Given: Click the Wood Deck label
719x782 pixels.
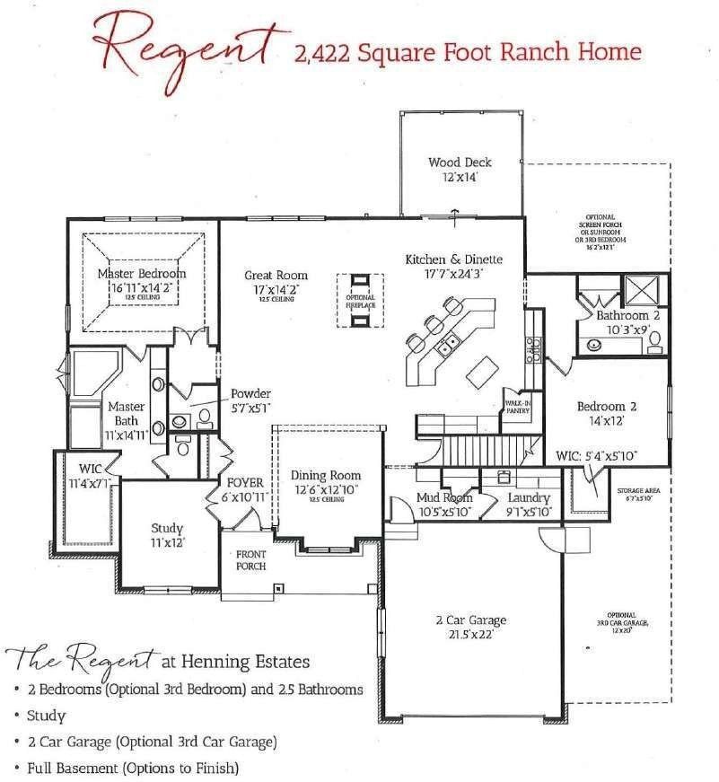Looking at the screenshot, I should pyautogui.click(x=460, y=163).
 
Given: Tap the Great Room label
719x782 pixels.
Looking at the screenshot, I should pyautogui.click(x=276, y=276).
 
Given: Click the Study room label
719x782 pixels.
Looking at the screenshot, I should pyautogui.click(x=167, y=528).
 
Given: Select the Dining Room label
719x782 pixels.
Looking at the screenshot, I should pyautogui.click(x=326, y=475).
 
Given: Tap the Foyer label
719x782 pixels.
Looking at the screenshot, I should pyautogui.click(x=245, y=482).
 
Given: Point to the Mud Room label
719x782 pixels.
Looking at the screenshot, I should pyautogui.click(x=444, y=497).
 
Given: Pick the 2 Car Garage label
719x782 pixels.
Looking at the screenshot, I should pyautogui.click(x=470, y=620).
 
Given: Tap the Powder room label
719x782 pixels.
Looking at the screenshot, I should pyautogui.click(x=250, y=393).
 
